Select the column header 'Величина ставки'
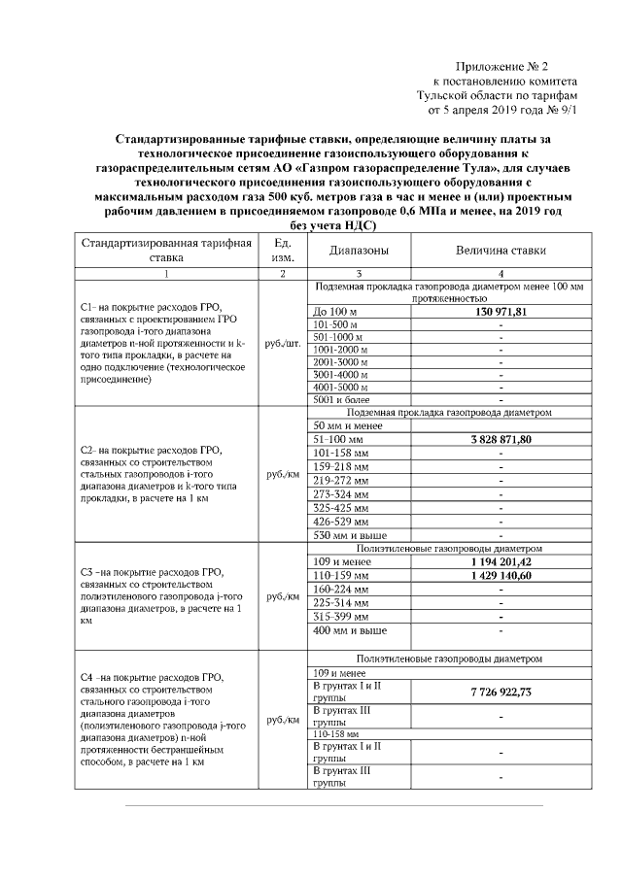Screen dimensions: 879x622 click(x=501, y=250)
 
